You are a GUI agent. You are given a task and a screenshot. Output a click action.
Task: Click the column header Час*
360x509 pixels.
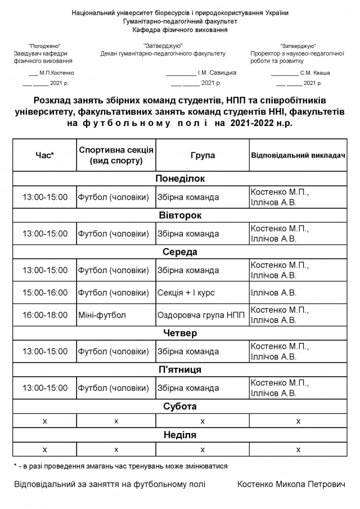pos(44,155)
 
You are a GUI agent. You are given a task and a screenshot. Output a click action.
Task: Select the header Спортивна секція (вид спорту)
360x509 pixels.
pos(116,155)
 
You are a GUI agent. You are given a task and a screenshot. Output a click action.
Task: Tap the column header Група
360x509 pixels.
pos(202,155)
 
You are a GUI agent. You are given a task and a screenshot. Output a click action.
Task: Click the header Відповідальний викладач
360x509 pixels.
pos(297,155)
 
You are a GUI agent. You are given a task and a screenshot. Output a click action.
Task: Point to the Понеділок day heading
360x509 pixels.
pos(180,179)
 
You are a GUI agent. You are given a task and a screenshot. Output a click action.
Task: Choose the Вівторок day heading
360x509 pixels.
pos(180,215)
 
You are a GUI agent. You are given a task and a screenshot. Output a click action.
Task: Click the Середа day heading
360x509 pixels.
pos(180,252)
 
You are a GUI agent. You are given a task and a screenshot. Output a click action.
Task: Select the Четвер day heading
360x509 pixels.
pos(180,333)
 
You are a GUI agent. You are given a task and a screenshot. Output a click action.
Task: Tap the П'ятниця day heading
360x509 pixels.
pos(180,370)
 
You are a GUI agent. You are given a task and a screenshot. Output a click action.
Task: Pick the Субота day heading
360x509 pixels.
pos(180,406)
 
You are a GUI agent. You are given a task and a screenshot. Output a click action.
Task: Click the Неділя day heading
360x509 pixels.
pos(180,435)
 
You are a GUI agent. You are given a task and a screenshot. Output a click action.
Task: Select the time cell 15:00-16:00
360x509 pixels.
pos(44,292)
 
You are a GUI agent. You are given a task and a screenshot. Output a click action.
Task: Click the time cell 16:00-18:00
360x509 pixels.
pos(44,315)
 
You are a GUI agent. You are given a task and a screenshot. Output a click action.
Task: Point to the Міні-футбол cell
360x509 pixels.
pos(102,315)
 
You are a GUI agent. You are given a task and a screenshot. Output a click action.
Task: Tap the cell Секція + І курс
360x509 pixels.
pos(186,292)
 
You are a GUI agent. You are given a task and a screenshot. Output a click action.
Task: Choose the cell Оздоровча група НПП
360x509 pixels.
pos(201,315)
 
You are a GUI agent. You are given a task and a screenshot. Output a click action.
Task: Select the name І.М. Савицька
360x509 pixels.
pos(217,73)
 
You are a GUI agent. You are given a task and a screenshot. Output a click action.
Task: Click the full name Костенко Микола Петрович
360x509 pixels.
pos(291,484)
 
